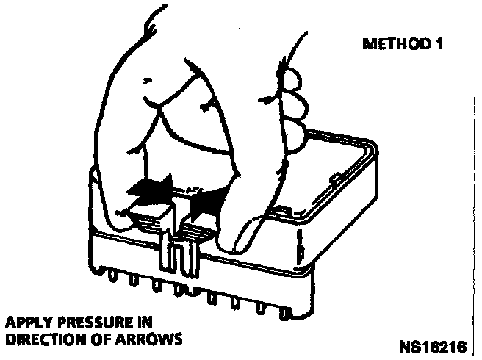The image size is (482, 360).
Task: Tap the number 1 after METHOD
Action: click(x=439, y=44)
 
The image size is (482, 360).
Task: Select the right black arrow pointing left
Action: click(x=205, y=198)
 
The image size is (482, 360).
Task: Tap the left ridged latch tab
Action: click(x=151, y=220)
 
